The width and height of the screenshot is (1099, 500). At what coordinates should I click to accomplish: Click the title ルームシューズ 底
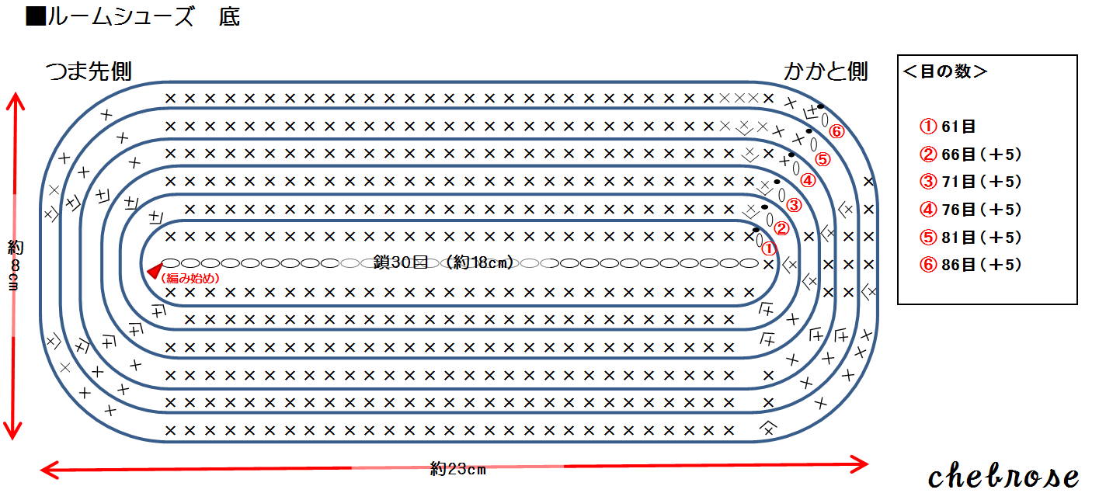point(133,17)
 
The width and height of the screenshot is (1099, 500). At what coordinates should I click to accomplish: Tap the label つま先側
point(88,71)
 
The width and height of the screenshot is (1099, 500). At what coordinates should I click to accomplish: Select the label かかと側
point(825,71)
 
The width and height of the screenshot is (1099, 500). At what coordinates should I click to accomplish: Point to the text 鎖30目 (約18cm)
point(443,262)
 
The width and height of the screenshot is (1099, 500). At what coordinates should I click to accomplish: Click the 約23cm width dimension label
point(458,468)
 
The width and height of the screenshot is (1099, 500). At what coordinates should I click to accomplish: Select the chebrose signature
point(1004,476)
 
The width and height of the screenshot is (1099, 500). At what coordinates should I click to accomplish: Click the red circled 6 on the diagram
point(836,131)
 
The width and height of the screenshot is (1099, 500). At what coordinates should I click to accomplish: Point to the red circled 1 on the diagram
point(768,248)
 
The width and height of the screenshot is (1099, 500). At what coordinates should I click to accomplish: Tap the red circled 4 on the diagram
point(808,181)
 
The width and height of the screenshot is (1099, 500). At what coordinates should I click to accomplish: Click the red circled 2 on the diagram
point(782,228)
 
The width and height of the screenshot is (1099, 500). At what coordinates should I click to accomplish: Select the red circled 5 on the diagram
point(823,160)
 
